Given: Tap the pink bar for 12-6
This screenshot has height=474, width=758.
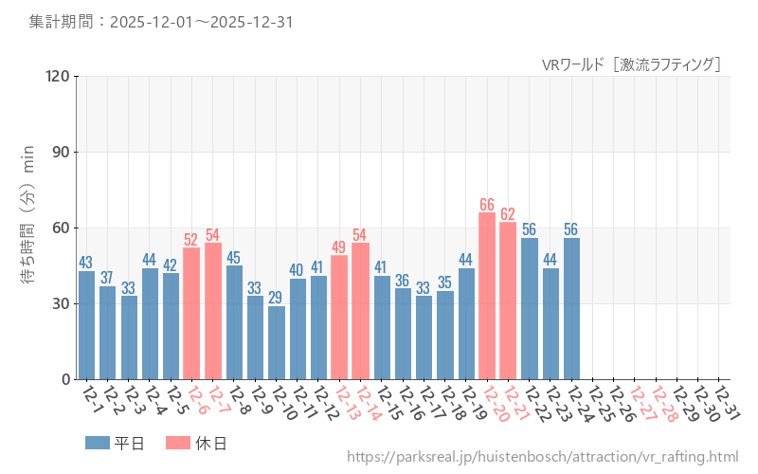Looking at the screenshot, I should click(x=191, y=313).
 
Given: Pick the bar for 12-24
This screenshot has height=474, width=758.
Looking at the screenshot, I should click(x=572, y=308).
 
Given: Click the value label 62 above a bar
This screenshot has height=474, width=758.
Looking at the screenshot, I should click(x=508, y=213).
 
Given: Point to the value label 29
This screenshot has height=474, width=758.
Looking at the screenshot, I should click(x=277, y=298).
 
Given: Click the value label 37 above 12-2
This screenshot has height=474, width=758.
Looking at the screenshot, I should click(x=107, y=278).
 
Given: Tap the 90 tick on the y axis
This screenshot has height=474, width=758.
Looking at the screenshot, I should click(x=59, y=153).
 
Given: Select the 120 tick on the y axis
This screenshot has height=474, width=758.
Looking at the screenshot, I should click(x=55, y=77).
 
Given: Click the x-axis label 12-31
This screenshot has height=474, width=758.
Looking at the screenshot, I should click(x=727, y=405).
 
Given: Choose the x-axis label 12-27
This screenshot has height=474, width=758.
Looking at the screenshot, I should click(x=642, y=405).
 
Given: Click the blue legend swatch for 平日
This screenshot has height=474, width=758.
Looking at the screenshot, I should click(x=98, y=443).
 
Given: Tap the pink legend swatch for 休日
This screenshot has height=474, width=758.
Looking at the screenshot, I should click(x=178, y=443).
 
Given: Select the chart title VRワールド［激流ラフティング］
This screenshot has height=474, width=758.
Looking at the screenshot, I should click(x=632, y=64).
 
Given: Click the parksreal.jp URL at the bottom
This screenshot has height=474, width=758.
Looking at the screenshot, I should click(x=542, y=458).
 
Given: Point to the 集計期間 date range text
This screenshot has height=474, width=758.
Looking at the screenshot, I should click(x=159, y=21).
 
